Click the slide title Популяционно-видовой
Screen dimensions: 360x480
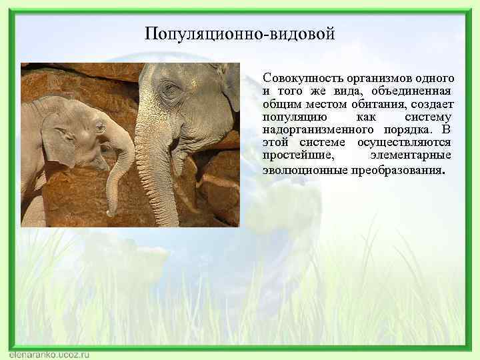pyautogui.click(x=239, y=33)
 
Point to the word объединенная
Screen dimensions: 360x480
pyautogui.click(x=413, y=91)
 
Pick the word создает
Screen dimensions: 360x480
pyautogui.click(x=431, y=104)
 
